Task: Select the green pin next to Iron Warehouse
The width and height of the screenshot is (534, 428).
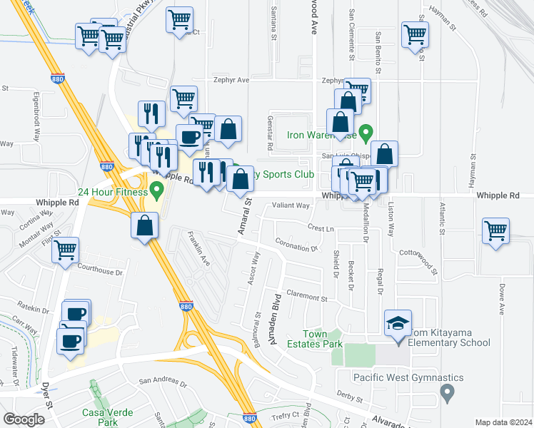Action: [x=366, y=133]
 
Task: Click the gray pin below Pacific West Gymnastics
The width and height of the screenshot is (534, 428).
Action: [x=448, y=392]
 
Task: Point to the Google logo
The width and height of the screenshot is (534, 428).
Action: [x=24, y=419]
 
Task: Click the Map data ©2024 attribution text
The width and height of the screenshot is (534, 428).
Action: [x=503, y=422]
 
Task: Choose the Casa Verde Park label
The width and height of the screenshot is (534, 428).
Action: [x=99, y=417]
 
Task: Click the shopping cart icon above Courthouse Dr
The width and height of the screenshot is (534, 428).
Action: [x=66, y=250]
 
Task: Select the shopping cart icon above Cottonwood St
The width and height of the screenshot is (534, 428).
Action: [x=496, y=231]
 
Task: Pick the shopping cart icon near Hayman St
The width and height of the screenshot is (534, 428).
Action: [x=415, y=34]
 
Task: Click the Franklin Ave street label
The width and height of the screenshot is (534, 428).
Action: [x=198, y=249]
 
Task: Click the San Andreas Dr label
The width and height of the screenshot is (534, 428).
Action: [x=162, y=382]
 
